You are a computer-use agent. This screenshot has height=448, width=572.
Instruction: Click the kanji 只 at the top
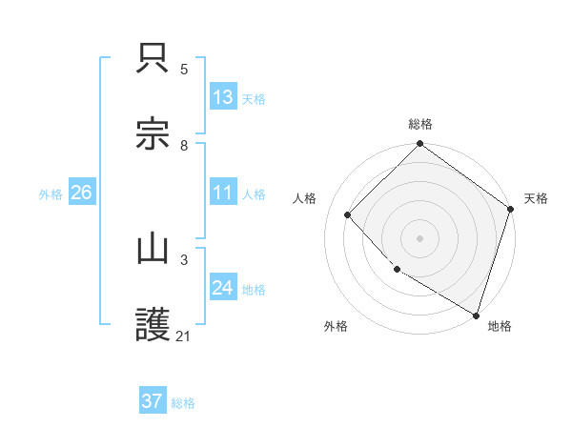(x=153, y=59)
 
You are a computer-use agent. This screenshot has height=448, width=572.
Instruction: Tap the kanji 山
(x=153, y=250)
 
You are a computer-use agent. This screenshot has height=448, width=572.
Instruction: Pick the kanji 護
(x=153, y=324)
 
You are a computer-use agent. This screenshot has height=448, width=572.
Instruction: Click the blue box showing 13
(x=223, y=96)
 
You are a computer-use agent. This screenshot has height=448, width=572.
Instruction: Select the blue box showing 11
(x=223, y=192)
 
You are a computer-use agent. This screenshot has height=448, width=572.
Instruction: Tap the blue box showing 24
(x=223, y=287)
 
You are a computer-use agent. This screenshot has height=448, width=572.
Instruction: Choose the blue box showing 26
(x=81, y=192)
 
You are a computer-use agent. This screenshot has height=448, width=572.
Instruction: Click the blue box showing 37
(x=153, y=401)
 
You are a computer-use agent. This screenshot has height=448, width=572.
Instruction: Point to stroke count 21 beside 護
(x=184, y=336)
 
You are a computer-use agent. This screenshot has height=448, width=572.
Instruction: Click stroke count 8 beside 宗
(x=184, y=145)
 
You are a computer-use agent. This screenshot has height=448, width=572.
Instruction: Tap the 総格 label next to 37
(x=183, y=402)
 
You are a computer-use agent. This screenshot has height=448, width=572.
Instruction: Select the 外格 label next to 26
(x=51, y=193)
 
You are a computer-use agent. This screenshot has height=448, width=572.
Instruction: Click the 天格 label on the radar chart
(x=536, y=198)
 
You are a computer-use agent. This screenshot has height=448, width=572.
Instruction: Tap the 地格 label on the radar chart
(x=500, y=326)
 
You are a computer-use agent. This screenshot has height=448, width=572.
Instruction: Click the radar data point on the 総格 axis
(x=419, y=145)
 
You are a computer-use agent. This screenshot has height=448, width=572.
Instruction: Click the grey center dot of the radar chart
(x=419, y=238)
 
